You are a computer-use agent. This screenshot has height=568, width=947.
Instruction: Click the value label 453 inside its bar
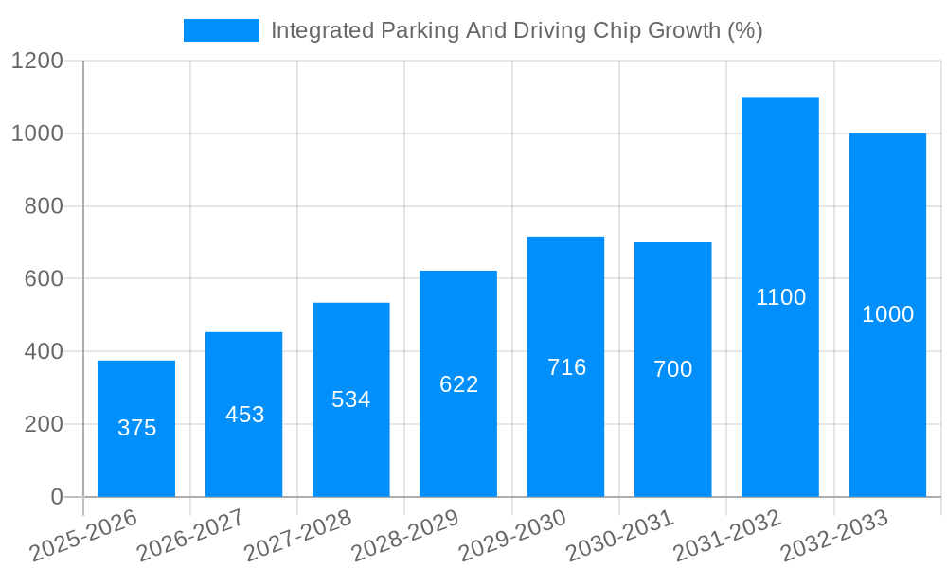point(244,415)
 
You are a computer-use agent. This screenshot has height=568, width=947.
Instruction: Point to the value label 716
point(566,367)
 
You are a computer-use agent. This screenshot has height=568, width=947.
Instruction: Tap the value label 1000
point(887,314)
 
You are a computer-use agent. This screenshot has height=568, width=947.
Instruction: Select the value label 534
point(351,399)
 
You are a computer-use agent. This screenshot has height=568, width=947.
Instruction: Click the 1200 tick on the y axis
point(37,62)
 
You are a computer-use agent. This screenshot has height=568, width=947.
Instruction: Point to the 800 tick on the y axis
point(44,206)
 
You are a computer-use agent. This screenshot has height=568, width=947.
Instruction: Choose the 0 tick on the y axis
point(57,497)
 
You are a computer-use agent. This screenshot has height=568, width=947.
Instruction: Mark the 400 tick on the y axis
point(44,352)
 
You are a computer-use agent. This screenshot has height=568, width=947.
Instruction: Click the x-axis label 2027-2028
point(298,536)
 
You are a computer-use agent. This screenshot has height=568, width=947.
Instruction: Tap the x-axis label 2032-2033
point(834,536)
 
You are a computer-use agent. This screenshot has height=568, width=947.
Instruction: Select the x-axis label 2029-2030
point(512,536)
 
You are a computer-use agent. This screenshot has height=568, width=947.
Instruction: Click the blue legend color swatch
point(221,30)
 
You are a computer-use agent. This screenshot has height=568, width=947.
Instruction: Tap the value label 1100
point(780,297)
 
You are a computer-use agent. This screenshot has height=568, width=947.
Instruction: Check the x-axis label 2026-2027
point(190,536)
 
